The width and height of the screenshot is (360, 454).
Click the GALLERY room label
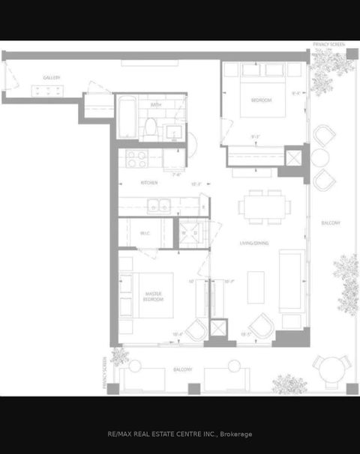(51, 77)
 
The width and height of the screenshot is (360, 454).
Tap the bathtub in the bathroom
(126, 118)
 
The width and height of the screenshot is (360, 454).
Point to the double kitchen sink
(157, 205)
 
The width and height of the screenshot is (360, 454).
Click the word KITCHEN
(148, 183)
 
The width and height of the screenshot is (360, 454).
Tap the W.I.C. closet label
(145, 232)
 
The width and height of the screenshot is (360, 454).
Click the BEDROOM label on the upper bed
(261, 100)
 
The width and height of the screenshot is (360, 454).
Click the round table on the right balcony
(319, 157)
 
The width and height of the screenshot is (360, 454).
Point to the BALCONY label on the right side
(331, 223)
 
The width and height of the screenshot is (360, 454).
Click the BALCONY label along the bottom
(182, 369)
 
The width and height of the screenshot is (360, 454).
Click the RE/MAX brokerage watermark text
(180, 434)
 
